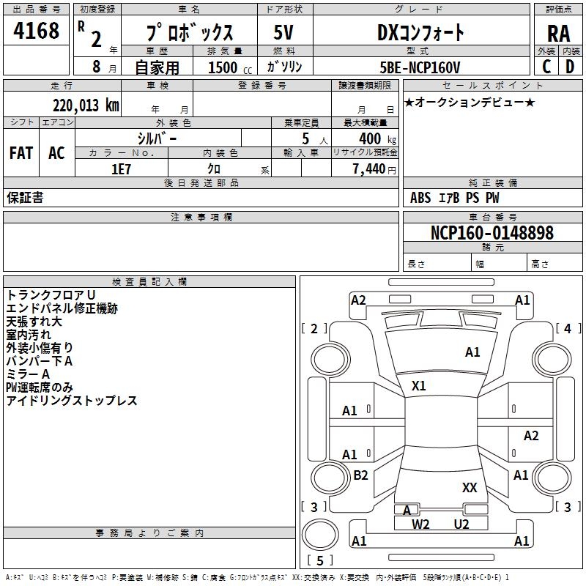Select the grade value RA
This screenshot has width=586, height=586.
[x=558, y=33]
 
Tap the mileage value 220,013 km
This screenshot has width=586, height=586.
[x=86, y=105]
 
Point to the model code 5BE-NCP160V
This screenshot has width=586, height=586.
[x=420, y=67]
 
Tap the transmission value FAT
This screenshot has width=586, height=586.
[x=21, y=153]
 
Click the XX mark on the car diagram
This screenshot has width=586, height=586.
[x=470, y=487]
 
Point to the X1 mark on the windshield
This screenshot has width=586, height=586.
[x=419, y=385]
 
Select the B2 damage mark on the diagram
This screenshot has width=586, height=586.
[x=360, y=475]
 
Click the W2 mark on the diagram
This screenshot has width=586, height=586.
[x=420, y=524]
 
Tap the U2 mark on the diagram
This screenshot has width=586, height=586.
[x=461, y=524]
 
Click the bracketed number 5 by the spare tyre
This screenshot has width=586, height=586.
[x=319, y=561]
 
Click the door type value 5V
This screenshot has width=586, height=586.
[x=283, y=32]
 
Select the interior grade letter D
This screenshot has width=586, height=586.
[x=569, y=67]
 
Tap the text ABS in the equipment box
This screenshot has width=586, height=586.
[x=420, y=197]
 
